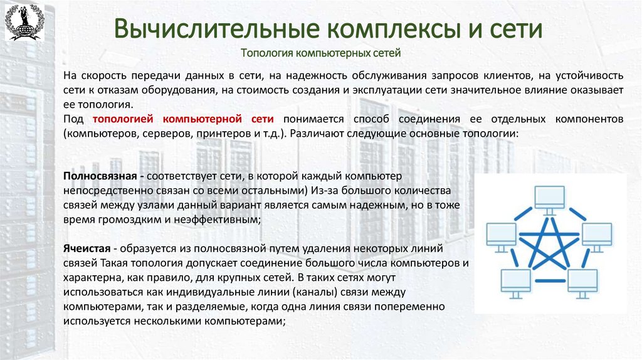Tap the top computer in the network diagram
pos(549,196)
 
